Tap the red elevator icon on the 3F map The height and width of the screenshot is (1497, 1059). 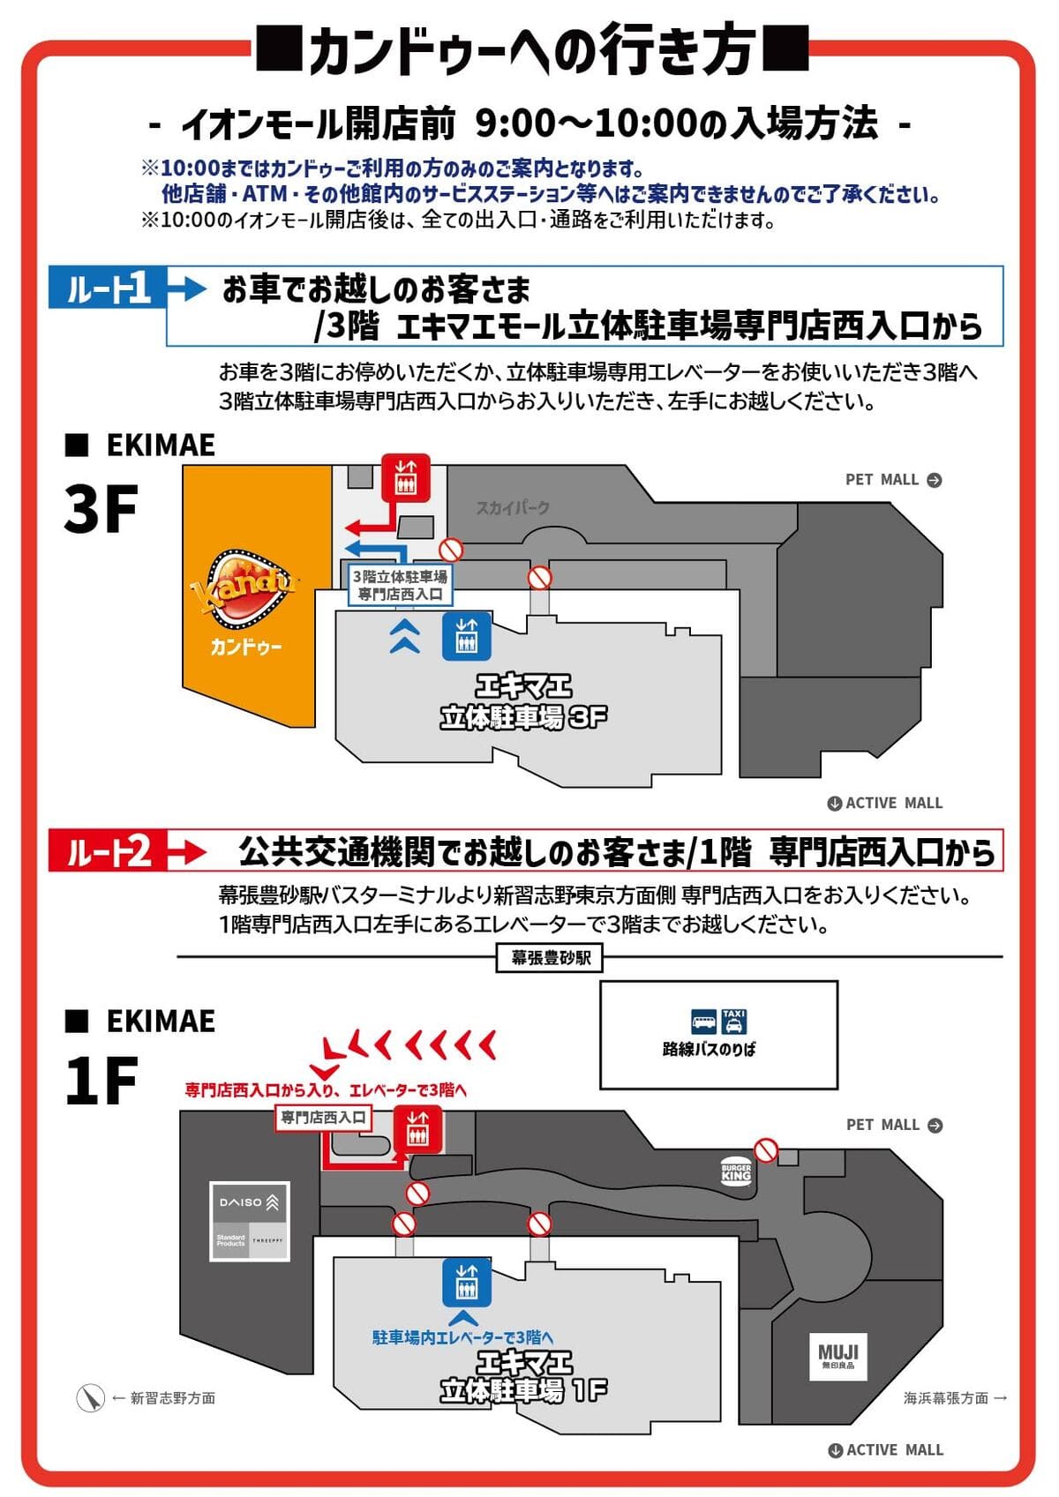tap(405, 478)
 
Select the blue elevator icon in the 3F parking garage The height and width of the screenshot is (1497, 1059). tap(466, 636)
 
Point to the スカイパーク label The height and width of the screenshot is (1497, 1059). tap(513, 507)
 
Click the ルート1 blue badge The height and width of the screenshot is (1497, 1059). tap(108, 288)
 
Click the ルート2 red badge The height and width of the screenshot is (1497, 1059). tap(108, 851)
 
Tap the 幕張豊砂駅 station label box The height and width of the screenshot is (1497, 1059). tap(550, 957)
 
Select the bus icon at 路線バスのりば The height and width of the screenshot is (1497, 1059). tap(703, 1022)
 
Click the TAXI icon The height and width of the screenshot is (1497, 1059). tap(734, 1022)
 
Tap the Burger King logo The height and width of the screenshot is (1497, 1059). tap(736, 1170)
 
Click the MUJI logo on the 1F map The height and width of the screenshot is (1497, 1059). tap(837, 1356)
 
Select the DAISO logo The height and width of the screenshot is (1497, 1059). tap(250, 1201)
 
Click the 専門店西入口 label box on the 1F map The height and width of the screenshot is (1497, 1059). tap(323, 1117)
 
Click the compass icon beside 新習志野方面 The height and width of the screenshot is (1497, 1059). tap(90, 1398)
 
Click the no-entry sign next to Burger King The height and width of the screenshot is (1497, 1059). tap(767, 1150)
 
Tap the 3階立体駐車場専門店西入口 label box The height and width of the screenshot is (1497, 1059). tap(400, 585)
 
